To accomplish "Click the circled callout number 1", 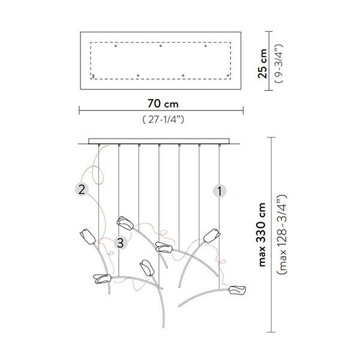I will [220, 191].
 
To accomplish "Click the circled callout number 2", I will [80, 190].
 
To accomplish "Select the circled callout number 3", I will [121, 242].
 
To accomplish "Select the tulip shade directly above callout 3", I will [125, 223].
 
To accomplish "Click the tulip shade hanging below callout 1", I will [211, 235].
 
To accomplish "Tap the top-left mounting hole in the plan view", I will [116, 46].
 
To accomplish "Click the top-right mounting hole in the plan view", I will [205, 46].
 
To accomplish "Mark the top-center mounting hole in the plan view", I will [161, 46].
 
